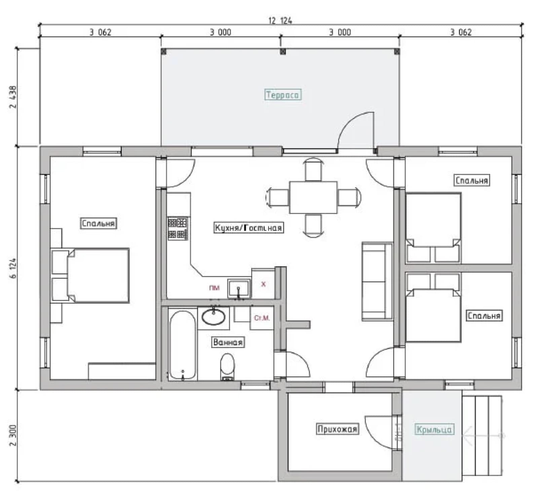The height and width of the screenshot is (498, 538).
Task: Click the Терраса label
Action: pos(282,95)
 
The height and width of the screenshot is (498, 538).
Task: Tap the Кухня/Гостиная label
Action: pos(248,228)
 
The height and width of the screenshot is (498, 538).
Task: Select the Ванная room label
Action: pos(228,342)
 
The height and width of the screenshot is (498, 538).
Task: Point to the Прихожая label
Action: pos(337,429)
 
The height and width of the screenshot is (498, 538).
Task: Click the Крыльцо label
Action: pos(434,429)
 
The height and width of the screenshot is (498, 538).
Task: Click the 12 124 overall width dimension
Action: pos(280,21)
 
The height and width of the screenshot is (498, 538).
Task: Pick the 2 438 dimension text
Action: pos(13,97)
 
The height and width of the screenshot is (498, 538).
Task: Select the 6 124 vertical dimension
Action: pos(13,268)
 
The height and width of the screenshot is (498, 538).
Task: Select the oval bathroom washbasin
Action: pos(213,317)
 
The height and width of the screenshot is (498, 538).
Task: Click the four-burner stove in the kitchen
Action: pos(178,228)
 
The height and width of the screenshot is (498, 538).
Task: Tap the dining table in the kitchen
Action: pos(313,197)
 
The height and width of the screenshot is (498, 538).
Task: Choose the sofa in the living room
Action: pos(377,281)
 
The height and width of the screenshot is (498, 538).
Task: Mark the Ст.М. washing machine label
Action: pos(262,318)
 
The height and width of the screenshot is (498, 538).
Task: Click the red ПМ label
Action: pos(214,288)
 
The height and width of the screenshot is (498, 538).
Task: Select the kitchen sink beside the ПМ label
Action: pos(239,288)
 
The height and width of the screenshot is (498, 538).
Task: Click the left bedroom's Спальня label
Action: pos(98,223)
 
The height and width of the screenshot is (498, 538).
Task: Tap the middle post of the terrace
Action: pos(283,51)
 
